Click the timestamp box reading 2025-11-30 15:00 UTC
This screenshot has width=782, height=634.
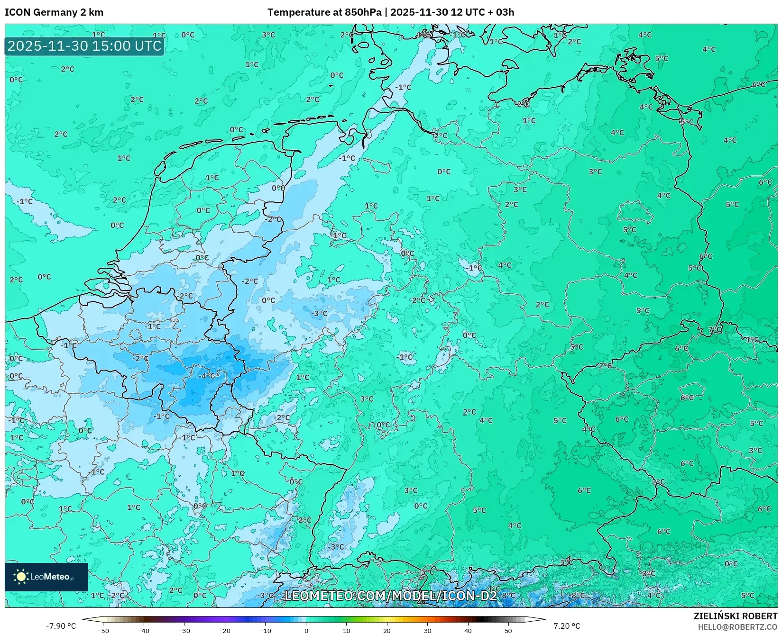(84, 46)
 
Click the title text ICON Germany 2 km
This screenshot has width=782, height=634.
(54, 12)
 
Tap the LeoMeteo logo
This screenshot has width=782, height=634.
(46, 577)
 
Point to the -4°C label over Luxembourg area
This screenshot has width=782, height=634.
(207, 376)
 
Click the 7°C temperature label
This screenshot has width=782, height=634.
(715, 329)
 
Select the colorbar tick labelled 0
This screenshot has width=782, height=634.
(306, 630)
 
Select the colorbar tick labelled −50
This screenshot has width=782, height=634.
(103, 630)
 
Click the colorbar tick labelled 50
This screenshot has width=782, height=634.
(508, 630)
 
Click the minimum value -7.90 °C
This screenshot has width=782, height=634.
(61, 626)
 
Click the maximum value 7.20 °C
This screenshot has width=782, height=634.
(567, 626)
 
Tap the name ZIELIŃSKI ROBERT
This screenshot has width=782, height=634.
(736, 616)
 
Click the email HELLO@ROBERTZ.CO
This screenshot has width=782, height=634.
(737, 626)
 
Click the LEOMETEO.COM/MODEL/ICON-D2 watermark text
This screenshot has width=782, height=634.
(390, 596)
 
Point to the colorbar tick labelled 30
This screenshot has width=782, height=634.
(428, 630)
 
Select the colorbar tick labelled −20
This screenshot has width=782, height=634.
(225, 630)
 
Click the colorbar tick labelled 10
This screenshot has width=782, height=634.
(347, 630)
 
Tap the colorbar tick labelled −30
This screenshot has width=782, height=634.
(184, 630)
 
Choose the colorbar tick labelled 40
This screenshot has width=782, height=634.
(468, 630)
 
